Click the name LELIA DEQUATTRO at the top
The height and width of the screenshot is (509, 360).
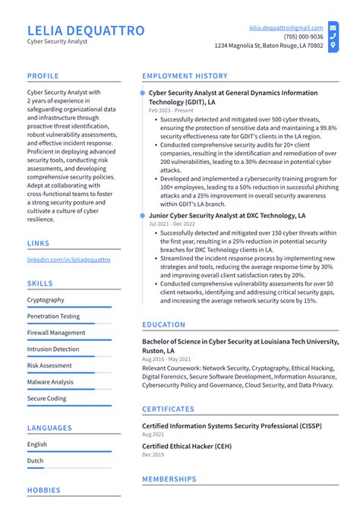pyautogui.click(x=85, y=30)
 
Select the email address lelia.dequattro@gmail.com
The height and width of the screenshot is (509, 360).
pyautogui.click(x=286, y=27)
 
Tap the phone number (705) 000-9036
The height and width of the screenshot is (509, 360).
pyautogui.click(x=303, y=36)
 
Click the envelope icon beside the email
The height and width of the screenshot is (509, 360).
pyautogui.click(x=333, y=27)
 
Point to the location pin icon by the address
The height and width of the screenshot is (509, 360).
pyautogui.click(x=333, y=46)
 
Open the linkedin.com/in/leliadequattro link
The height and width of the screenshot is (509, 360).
pyautogui.click(x=68, y=259)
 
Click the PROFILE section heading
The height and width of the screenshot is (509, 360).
pyautogui.click(x=43, y=76)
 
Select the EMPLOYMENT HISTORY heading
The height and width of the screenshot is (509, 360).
pyautogui.click(x=185, y=76)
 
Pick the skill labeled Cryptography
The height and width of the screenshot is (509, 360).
pyautogui.click(x=46, y=300)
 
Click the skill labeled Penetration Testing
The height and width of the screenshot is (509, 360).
pyautogui.click(x=53, y=316)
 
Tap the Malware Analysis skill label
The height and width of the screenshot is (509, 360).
pyautogui.click(x=50, y=382)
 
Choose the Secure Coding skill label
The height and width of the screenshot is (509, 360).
pyautogui.click(x=46, y=398)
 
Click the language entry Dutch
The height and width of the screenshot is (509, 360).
pyautogui.click(x=36, y=460)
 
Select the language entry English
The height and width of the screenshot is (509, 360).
pyautogui.click(x=36, y=444)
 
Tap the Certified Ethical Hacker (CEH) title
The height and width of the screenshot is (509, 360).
pyautogui.click(x=187, y=446)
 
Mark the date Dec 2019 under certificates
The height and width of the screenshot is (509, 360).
pyautogui.click(x=152, y=455)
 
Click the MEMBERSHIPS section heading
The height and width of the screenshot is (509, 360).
pyautogui.click(x=169, y=479)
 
